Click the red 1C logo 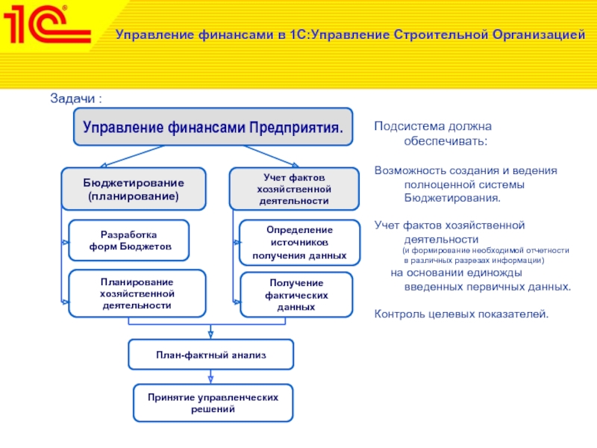click(x=47, y=24)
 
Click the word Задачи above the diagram click(x=72, y=99)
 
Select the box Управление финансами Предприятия click(x=213, y=127)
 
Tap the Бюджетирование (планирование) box click(x=134, y=189)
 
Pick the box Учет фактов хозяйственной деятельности click(x=294, y=189)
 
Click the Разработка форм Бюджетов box click(x=129, y=240)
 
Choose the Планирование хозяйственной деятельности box click(x=137, y=293)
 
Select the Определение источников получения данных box click(x=300, y=243)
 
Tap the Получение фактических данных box click(x=296, y=294)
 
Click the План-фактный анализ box click(x=211, y=355)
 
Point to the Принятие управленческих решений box click(x=213, y=403)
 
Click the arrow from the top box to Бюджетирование click(x=132, y=156)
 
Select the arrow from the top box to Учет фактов click(x=271, y=156)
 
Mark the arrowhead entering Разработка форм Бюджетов click(x=66, y=242)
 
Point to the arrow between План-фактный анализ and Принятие click(x=210, y=377)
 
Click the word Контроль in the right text click(x=399, y=314)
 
